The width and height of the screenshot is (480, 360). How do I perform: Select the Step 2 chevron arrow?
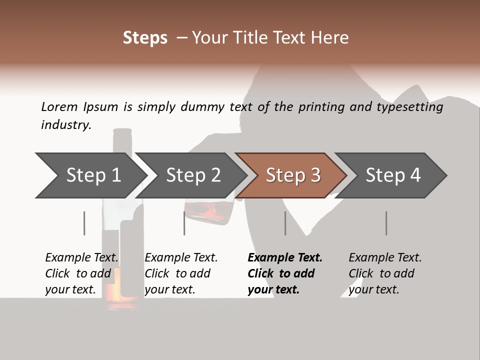192,175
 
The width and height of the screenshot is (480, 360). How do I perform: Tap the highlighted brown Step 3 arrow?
292,175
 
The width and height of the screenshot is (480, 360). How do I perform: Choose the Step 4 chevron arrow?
392,175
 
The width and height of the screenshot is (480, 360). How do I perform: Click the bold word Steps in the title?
145,37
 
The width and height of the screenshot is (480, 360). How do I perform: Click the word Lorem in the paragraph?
59,106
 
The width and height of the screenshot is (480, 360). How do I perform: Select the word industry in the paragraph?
65,125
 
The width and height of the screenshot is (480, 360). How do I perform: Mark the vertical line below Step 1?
84,223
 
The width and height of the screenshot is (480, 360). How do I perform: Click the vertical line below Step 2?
184,223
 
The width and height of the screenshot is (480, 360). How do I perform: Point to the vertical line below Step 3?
285,223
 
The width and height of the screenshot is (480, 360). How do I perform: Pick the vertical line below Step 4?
386,223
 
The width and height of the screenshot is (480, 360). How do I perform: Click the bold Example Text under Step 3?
285,258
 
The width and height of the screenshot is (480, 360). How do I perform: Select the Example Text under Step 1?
82,258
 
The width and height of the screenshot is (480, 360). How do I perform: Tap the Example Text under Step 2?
181,258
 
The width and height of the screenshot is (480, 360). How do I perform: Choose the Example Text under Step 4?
385,258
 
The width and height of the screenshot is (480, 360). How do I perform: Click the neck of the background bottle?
121,142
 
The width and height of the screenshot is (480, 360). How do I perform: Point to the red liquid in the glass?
205,210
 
